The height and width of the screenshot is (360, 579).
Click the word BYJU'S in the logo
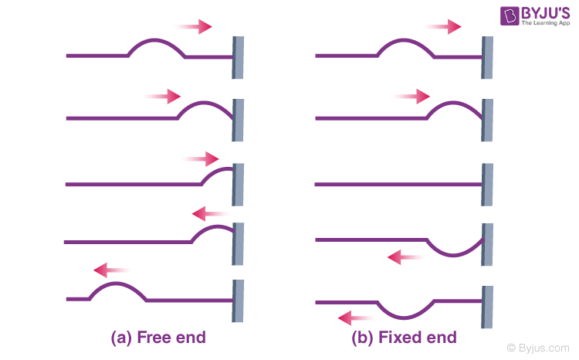(532, 12)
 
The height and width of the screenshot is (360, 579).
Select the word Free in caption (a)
(154, 338)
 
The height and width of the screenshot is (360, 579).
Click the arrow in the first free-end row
(194, 27)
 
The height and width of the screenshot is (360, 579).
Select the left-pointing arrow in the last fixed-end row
(356, 317)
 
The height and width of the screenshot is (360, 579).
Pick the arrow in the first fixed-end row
(443, 27)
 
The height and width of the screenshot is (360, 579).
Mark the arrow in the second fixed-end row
(411, 97)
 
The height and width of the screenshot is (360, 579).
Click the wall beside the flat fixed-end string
(487, 185)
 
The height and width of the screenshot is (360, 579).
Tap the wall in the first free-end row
(238, 56)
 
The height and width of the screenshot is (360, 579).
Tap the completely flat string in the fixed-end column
(398, 185)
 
